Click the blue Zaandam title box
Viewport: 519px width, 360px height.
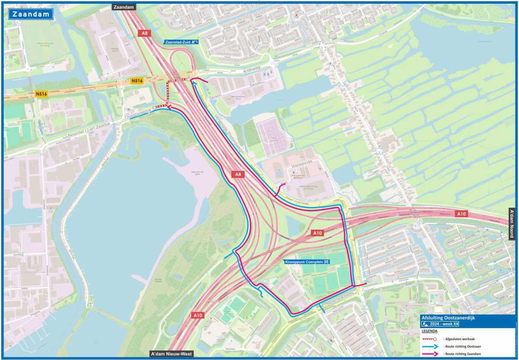30,14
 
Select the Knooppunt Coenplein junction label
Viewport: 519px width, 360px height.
307,262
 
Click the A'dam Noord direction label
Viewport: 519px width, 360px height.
512,223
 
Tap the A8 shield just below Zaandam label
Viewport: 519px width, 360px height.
144,33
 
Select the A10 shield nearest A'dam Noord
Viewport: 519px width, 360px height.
461,214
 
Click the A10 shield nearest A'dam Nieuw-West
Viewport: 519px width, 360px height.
198,315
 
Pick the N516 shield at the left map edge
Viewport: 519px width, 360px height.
42,94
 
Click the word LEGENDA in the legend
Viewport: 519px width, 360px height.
430,331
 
